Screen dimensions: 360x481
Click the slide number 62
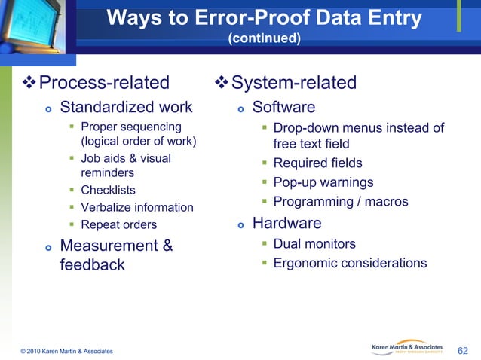[x=463, y=350]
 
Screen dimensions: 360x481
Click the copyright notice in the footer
[x=68, y=351]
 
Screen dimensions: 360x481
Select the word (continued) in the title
[x=265, y=38]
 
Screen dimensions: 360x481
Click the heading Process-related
[x=104, y=83]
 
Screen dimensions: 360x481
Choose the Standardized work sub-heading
[x=126, y=107]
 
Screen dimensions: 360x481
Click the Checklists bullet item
[x=108, y=190]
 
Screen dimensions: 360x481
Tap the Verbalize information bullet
[x=136, y=207]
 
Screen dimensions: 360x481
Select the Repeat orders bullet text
[x=118, y=224]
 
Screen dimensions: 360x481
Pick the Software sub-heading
[x=283, y=107]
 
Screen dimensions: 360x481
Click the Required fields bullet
[x=317, y=163]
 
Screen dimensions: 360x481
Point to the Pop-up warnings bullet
[x=323, y=182]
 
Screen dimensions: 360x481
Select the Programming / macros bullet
[x=340, y=201]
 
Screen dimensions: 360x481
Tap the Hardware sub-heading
[x=286, y=224]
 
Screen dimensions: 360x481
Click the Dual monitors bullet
[x=314, y=243]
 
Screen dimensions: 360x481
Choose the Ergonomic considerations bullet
[x=350, y=263]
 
